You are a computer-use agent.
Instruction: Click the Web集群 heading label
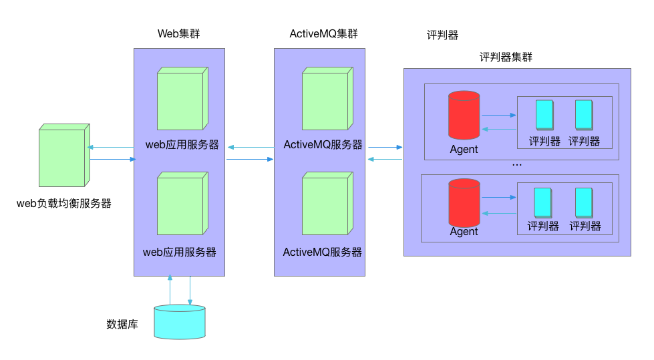178,34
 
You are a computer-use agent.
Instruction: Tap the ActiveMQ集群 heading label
319,34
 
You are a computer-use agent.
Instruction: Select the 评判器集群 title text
506,57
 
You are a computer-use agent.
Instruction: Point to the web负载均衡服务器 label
63,204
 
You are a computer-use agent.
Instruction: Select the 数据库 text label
122,325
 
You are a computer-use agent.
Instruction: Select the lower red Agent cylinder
464,203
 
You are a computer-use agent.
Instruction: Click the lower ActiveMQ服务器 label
323,252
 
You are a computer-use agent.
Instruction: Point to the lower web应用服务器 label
180,252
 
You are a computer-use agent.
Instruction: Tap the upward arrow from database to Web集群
170,290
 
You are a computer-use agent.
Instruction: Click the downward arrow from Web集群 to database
190,290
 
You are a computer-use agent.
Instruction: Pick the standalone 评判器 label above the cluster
443,35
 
